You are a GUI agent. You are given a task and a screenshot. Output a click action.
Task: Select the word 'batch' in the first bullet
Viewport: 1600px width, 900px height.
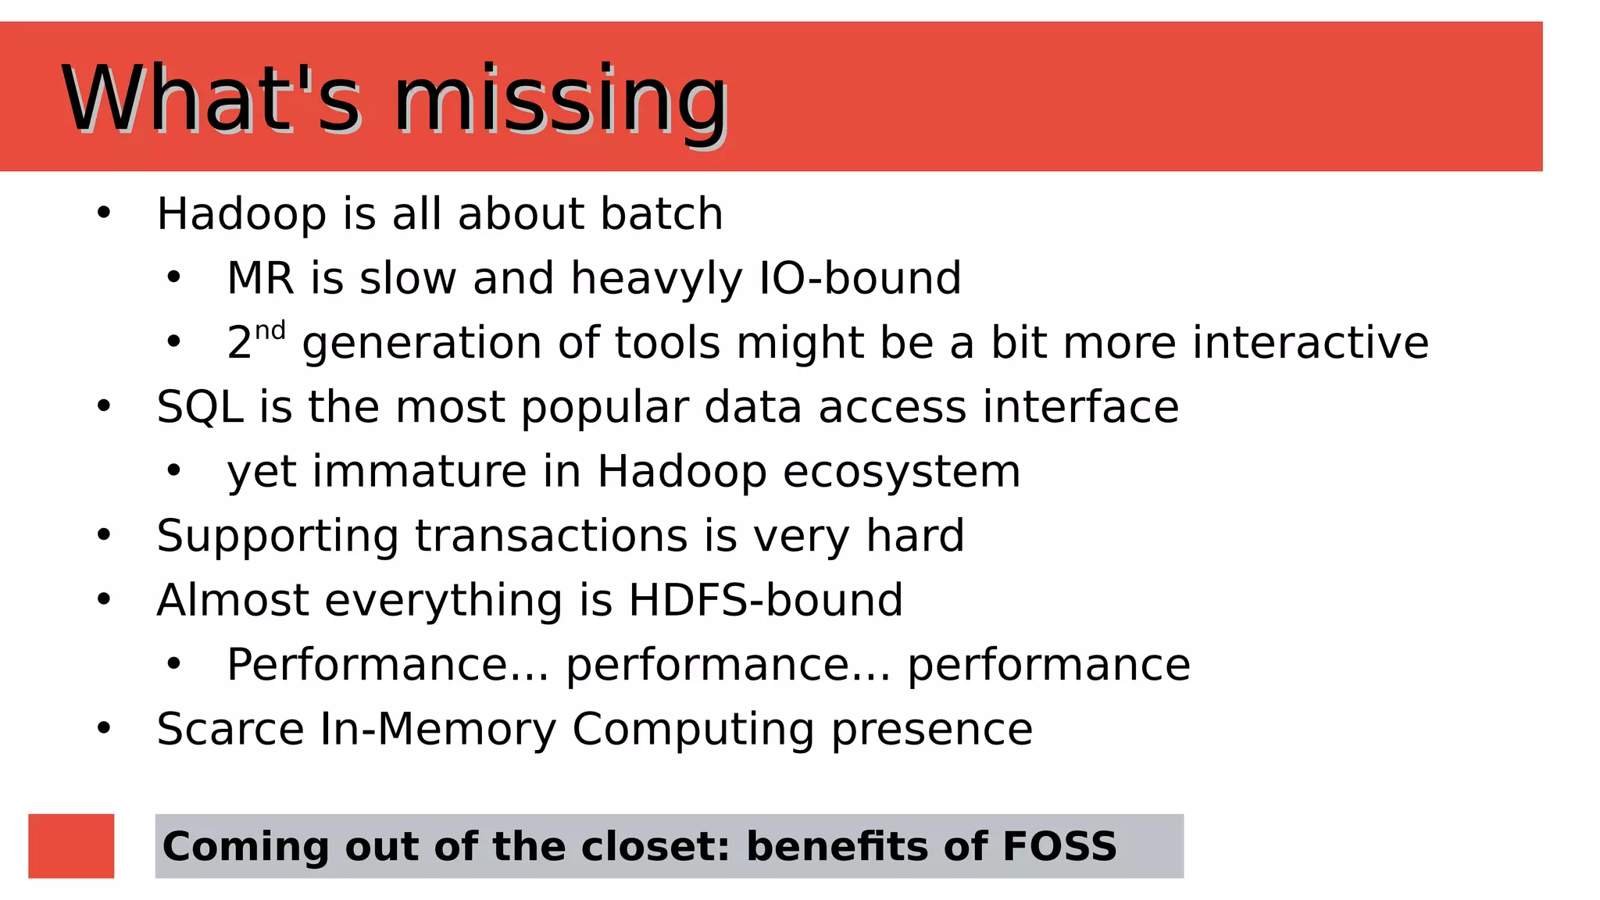[x=662, y=213]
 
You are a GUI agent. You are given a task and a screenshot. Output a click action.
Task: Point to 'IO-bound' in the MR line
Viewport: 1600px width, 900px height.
[x=860, y=278]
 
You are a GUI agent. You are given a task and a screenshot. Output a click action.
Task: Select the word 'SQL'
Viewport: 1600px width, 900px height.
[x=200, y=407]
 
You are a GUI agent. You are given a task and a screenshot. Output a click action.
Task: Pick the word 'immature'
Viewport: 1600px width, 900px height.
[x=420, y=472]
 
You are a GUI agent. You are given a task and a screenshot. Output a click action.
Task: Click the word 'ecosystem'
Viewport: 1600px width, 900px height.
[x=902, y=472]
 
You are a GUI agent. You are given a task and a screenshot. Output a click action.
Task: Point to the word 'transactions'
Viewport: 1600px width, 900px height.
[x=552, y=536]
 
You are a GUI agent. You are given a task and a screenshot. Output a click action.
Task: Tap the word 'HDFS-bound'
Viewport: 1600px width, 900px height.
[x=766, y=600]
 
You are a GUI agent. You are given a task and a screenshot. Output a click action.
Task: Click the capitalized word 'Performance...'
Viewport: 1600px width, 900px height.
[x=387, y=665]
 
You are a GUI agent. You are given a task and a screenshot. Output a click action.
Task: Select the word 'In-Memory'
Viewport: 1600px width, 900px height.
[x=438, y=729]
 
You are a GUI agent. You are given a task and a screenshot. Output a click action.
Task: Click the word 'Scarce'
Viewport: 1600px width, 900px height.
[x=230, y=729]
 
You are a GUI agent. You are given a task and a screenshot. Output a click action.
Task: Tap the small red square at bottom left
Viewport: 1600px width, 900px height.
[x=71, y=846]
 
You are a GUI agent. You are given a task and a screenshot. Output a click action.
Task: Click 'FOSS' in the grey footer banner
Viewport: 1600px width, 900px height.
[x=1059, y=846]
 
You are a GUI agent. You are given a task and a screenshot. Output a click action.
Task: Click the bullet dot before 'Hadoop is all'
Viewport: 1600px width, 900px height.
[x=104, y=213]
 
